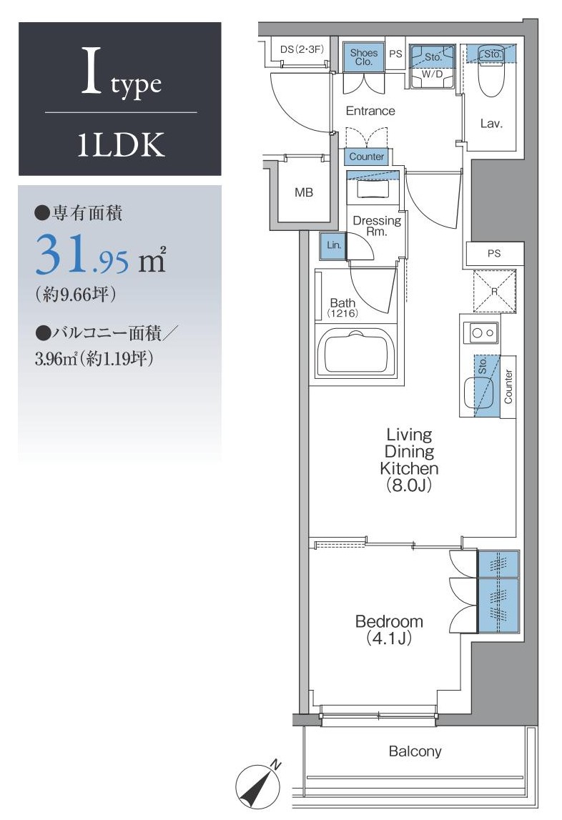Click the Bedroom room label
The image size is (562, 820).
(x=389, y=621)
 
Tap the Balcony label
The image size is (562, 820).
(x=415, y=751)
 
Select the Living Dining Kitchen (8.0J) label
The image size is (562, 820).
(x=409, y=460)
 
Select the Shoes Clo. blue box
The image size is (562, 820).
(x=364, y=56)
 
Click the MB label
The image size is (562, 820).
(x=303, y=192)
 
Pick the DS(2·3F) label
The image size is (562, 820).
(x=302, y=49)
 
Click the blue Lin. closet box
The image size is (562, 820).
(x=333, y=246)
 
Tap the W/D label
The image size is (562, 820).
(x=433, y=74)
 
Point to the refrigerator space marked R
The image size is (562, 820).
(x=495, y=291)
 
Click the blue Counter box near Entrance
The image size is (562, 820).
(x=366, y=157)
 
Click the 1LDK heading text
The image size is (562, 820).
(x=121, y=144)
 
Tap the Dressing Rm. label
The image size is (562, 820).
(x=377, y=226)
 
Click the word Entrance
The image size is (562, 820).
(x=370, y=111)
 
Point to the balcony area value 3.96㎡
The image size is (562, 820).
(x=56, y=359)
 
